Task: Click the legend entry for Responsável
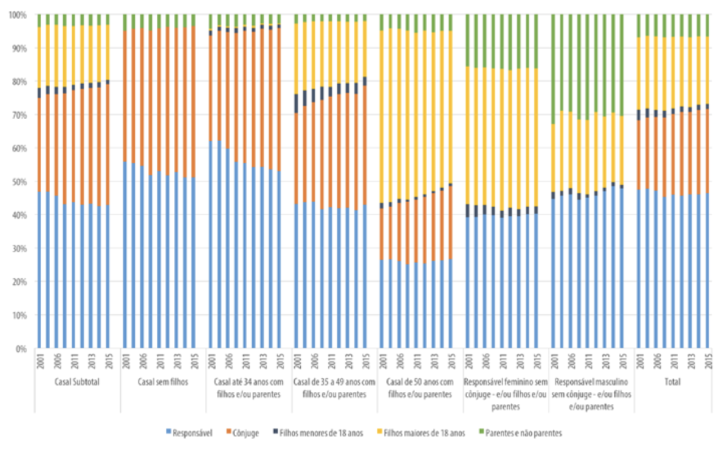coord(192,433)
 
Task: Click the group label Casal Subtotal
coord(78,382)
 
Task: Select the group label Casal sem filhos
coord(163,382)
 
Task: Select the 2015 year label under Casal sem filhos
coord(193,361)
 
